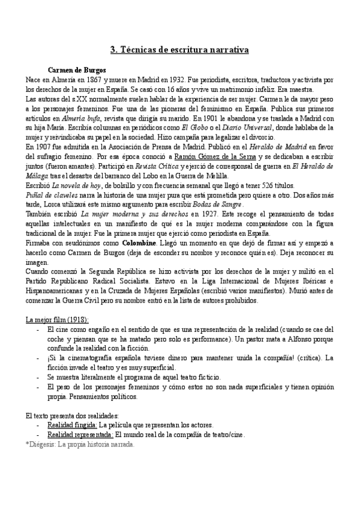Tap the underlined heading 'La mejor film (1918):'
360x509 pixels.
pos(58,319)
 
